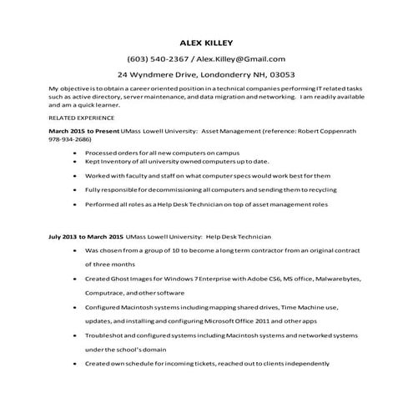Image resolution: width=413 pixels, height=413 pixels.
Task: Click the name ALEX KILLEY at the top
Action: pyautogui.click(x=207, y=43)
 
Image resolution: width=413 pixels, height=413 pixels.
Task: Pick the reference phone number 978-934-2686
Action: pyautogui.click(x=69, y=141)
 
